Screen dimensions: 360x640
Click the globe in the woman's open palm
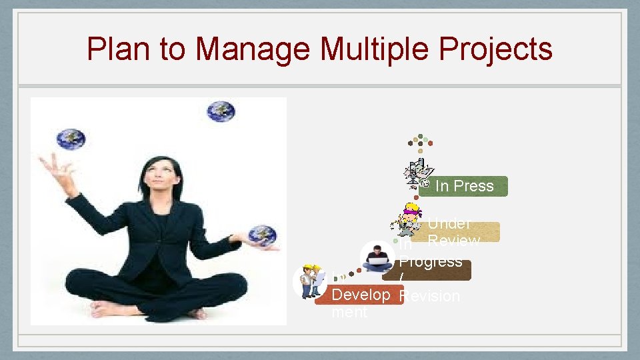click(x=262, y=235)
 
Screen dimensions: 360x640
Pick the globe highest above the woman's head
click(x=221, y=111)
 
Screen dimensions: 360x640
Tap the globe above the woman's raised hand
click(x=71, y=139)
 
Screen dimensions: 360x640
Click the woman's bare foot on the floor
click(x=111, y=309)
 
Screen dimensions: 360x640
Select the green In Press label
click(x=465, y=186)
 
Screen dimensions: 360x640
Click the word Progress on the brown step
click(x=431, y=261)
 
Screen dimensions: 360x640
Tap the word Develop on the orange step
click(x=361, y=295)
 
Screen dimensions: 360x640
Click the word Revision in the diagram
click(x=431, y=296)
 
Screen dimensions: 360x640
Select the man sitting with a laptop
click(x=378, y=257)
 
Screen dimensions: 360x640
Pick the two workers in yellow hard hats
click(x=309, y=281)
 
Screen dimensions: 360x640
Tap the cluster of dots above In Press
click(x=420, y=142)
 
